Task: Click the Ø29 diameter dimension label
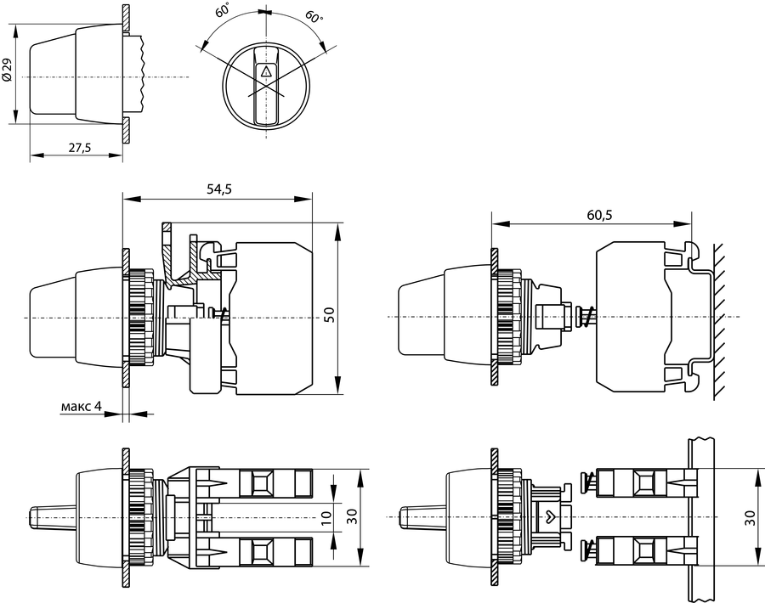pyautogui.click(x=7, y=70)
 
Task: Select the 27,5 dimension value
pyautogui.click(x=80, y=147)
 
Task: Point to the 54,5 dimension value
pyautogui.click(x=219, y=189)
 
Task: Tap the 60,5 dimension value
pyautogui.click(x=599, y=215)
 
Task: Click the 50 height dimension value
pyautogui.click(x=329, y=314)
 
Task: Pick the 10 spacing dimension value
pyautogui.click(x=326, y=516)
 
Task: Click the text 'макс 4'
pyautogui.click(x=82, y=406)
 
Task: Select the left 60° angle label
pyautogui.click(x=223, y=9)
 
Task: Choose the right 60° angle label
pyautogui.click(x=314, y=16)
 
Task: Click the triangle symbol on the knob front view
pyautogui.click(x=266, y=72)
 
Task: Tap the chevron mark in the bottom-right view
pyautogui.click(x=550, y=515)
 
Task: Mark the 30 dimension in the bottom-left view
pyautogui.click(x=352, y=516)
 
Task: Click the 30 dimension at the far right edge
pyautogui.click(x=751, y=516)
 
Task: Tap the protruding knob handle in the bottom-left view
pyautogui.click(x=52, y=516)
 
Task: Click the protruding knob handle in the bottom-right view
pyautogui.click(x=422, y=516)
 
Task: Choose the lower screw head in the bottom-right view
pyautogui.click(x=584, y=551)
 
